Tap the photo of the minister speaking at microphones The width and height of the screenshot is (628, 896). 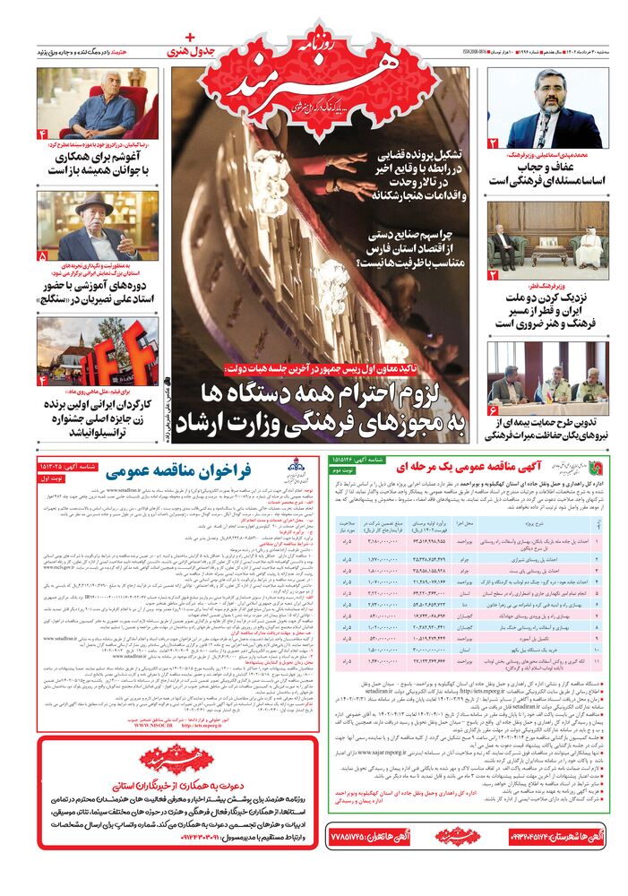click(x=546, y=108)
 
